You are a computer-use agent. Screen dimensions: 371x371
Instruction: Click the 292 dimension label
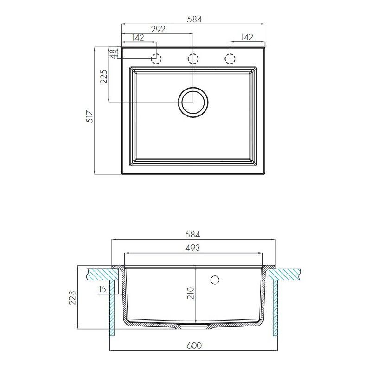click(158, 29)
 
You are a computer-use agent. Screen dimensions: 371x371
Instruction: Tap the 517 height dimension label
click(90, 116)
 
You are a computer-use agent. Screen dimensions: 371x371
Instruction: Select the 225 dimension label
click(104, 77)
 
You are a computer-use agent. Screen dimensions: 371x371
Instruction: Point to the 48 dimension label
click(113, 54)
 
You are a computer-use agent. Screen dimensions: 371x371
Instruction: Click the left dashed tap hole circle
click(156, 58)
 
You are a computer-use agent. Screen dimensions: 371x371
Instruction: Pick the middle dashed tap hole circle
click(193, 58)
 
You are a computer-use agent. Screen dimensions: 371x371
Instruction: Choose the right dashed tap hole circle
click(230, 58)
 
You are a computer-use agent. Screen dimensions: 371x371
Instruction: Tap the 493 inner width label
click(192, 248)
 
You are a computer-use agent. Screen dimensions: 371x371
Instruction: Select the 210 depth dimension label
click(191, 293)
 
